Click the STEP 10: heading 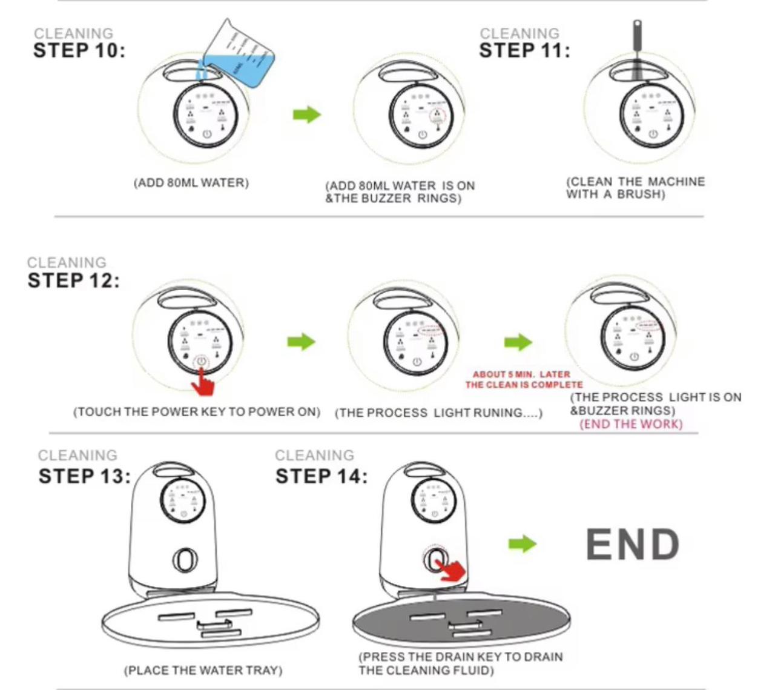(79, 50)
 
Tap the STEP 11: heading (524, 50)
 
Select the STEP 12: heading (73, 281)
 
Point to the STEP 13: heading (84, 476)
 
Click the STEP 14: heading (321, 476)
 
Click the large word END (633, 545)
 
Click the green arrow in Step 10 (306, 114)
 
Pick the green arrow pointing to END (522, 543)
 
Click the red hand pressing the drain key (452, 569)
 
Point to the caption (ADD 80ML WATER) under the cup (191, 183)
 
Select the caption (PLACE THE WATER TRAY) (203, 671)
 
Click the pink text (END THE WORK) (631, 424)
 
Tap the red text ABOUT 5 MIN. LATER (521, 374)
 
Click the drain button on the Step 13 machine (185, 560)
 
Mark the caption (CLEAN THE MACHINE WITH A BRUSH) (635, 188)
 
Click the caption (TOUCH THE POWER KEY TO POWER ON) (197, 412)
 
